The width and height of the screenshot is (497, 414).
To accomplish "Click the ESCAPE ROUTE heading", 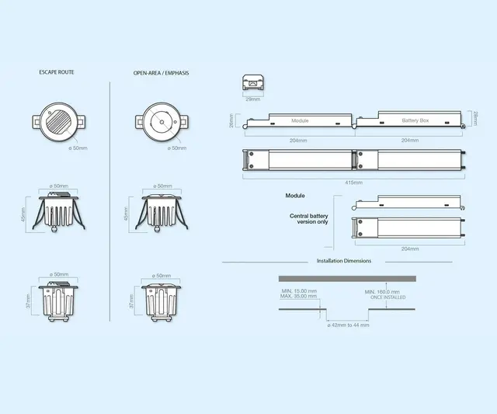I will click(x=56, y=72).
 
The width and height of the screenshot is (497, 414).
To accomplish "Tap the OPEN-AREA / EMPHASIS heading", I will click(x=161, y=72).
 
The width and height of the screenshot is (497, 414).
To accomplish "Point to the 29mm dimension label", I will click(x=253, y=99).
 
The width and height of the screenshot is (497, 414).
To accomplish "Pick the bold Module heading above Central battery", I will click(x=295, y=196).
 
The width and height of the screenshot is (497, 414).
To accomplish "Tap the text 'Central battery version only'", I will click(x=308, y=218).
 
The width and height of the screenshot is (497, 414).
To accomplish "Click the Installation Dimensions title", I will click(x=343, y=261).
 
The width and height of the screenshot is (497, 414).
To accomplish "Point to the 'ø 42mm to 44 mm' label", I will click(x=347, y=325).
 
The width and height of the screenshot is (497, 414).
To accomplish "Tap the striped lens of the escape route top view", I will click(x=59, y=122).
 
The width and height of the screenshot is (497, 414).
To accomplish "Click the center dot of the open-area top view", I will click(x=161, y=122).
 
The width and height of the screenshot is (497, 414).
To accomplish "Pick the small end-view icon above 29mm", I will click(x=253, y=84).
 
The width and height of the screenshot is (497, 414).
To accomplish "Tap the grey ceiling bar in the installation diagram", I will click(x=347, y=278).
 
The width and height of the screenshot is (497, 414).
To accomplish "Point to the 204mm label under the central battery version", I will click(x=409, y=249).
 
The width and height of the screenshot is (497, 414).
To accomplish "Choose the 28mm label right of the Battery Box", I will click(x=474, y=120).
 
